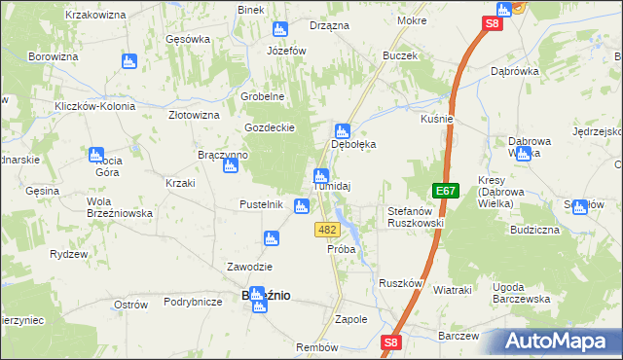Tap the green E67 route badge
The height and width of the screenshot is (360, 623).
445,192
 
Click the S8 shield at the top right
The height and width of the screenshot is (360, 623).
495,24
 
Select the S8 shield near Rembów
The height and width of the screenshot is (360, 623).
390,342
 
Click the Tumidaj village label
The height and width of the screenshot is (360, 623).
331,187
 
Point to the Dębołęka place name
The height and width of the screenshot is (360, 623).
353,144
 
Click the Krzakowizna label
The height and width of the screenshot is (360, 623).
97,16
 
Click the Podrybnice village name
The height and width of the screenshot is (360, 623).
194,303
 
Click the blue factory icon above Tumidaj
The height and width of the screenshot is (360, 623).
320,175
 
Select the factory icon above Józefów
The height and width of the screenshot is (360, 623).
280,29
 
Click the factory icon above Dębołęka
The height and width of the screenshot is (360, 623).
342,130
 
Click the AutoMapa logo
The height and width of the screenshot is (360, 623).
558,342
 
